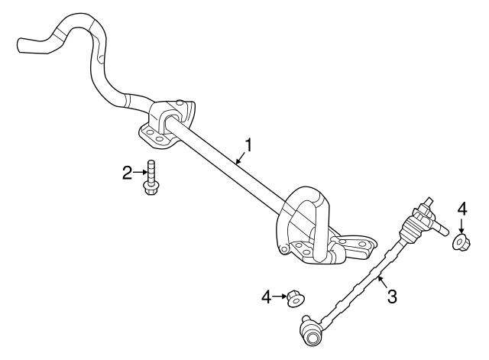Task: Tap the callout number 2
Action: coord(128,173)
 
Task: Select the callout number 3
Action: coord(392,296)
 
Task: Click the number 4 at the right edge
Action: coord(461,208)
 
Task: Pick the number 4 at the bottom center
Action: coord(267,295)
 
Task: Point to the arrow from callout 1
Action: coord(240,157)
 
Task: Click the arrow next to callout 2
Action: coord(139,173)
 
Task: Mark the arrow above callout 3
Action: coord(380,281)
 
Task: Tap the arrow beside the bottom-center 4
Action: coord(279,295)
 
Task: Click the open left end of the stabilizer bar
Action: coord(21,44)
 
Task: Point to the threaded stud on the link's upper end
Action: coord(441,226)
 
